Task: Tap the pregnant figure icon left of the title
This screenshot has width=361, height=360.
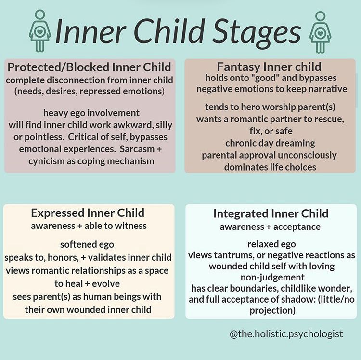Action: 39,31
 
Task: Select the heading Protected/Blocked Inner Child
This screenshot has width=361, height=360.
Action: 89,67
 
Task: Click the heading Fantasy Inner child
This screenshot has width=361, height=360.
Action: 269,67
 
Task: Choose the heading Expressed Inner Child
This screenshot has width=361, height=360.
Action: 88,213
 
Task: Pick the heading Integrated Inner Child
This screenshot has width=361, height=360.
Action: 271,213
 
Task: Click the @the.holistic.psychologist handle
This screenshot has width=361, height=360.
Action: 286,333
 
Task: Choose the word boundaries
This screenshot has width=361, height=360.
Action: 259,288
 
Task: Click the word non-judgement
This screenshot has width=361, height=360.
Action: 271,277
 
